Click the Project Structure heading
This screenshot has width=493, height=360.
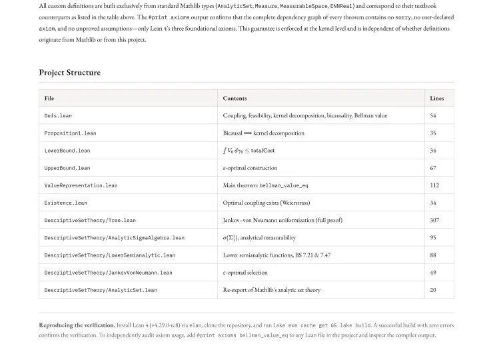(70, 73)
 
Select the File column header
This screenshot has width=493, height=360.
(49, 98)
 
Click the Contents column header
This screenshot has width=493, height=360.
(235, 98)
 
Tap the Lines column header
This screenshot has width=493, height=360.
(436, 98)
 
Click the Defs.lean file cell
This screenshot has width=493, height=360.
(58, 116)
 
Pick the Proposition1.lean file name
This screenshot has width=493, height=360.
(70, 133)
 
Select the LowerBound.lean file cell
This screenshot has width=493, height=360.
(67, 151)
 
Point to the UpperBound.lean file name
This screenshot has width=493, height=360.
(67, 168)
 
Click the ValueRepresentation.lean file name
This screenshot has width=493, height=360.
(81, 185)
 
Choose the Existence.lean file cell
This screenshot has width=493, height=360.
(65, 203)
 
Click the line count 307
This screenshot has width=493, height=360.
(434, 220)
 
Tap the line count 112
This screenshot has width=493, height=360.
(434, 185)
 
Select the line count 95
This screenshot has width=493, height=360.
(433, 237)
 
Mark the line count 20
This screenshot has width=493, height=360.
(433, 290)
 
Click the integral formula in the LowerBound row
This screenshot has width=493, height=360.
(248, 151)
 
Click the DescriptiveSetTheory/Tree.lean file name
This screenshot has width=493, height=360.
(90, 220)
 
